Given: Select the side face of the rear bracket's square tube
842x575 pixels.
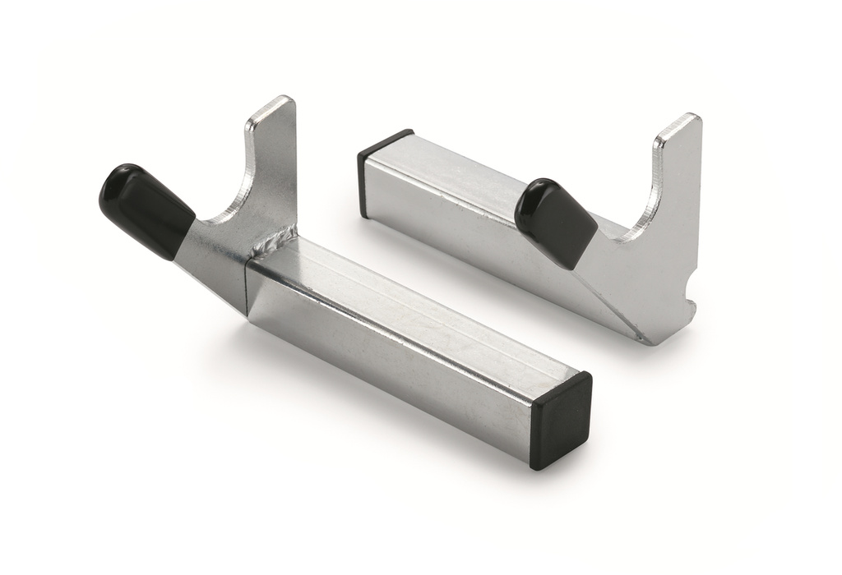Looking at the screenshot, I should pos(444,222).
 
